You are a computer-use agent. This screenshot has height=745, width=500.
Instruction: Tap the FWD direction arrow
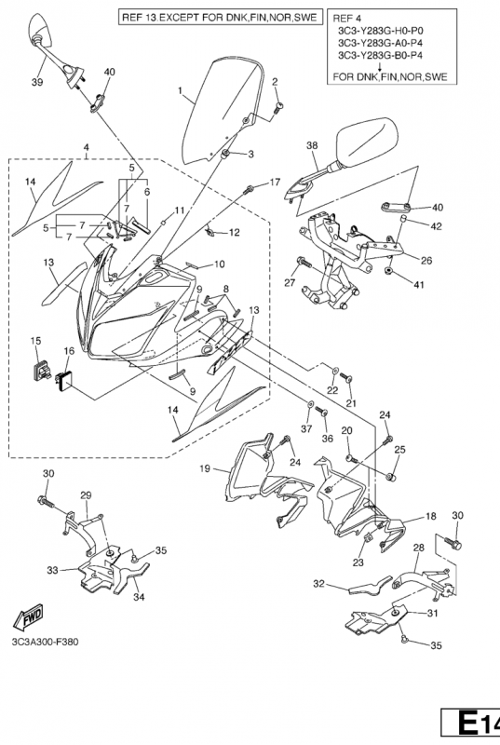(29, 616)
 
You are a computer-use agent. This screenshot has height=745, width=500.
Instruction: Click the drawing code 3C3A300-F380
(46, 642)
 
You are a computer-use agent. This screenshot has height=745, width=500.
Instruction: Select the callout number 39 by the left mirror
(37, 82)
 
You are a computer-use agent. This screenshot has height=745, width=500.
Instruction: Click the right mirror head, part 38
(367, 142)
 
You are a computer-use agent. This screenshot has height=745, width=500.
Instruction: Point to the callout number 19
(205, 469)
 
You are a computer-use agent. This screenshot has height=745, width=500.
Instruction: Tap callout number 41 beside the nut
(418, 285)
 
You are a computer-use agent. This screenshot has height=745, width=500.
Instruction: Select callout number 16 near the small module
(69, 351)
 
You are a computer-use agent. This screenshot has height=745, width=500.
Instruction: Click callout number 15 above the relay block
(35, 341)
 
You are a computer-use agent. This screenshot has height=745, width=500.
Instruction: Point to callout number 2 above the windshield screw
(275, 82)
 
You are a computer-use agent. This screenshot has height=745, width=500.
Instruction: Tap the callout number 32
(318, 584)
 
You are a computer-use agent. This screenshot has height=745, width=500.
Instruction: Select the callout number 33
(53, 570)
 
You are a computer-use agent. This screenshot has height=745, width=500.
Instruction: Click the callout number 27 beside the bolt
(291, 284)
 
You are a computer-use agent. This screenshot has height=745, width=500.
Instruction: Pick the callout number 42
(436, 226)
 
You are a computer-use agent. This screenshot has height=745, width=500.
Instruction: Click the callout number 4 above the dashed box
(86, 148)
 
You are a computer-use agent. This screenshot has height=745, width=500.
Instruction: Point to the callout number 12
(234, 233)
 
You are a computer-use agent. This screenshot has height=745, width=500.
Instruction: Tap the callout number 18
(431, 517)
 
